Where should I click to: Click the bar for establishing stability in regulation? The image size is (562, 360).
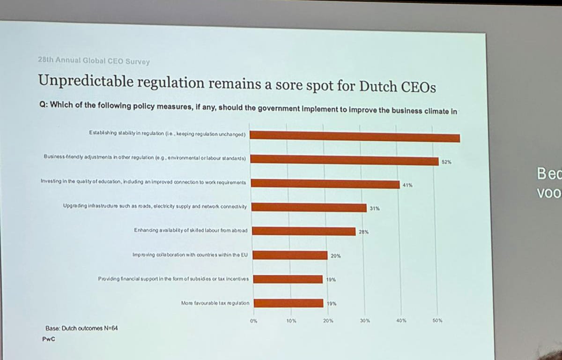[x=356, y=136]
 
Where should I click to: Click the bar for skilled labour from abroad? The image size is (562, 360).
[x=304, y=231]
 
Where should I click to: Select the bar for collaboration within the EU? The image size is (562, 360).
[x=290, y=255]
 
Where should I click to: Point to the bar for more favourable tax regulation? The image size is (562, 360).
[x=288, y=303]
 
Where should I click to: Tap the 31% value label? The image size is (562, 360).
[x=374, y=209]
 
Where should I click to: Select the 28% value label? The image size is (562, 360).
[x=364, y=232]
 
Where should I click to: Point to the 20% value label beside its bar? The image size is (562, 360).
[x=335, y=256]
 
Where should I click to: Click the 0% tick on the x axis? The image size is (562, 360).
[x=253, y=321]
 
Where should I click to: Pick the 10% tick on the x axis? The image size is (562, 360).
[x=290, y=321]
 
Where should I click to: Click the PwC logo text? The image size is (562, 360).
[x=48, y=339]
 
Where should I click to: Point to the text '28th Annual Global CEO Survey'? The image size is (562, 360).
[x=94, y=60]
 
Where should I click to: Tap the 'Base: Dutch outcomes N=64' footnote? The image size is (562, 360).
[x=81, y=328]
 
